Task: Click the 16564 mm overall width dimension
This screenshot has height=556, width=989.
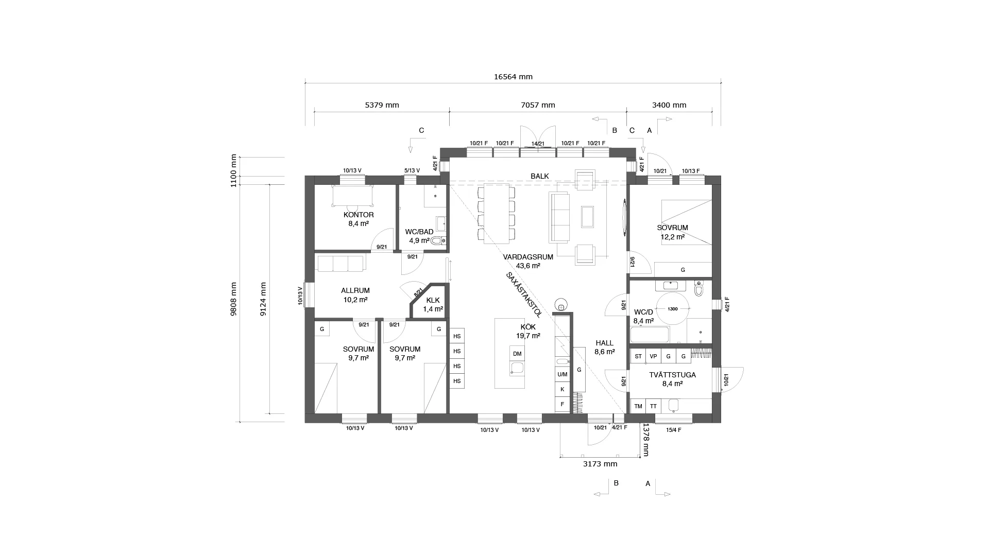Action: tap(513, 77)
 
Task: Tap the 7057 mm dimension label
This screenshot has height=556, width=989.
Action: tap(538, 105)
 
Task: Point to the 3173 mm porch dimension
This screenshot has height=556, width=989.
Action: tap(600, 464)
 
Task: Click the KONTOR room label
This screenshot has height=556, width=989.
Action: tap(359, 215)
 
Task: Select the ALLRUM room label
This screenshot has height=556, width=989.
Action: tap(355, 290)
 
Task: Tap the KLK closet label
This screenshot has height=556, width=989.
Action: tap(433, 300)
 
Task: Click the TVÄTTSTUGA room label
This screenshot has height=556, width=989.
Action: tap(673, 375)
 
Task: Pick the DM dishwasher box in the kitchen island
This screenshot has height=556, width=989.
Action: tap(517, 354)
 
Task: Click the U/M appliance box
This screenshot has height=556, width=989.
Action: tap(562, 374)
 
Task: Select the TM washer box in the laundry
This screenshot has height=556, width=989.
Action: tap(638, 406)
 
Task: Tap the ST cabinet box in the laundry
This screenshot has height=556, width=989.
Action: tap(638, 356)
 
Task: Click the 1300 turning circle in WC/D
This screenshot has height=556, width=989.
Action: tap(672, 309)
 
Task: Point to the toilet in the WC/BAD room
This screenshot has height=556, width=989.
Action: tap(438, 240)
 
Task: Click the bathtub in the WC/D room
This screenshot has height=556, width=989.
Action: tap(650, 335)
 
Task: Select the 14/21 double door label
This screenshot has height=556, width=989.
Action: tap(538, 144)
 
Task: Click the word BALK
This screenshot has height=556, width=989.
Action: tap(540, 176)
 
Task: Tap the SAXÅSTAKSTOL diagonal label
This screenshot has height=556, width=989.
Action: tap(523, 294)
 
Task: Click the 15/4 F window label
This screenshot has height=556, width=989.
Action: tap(673, 430)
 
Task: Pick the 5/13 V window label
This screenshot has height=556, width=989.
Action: tap(412, 170)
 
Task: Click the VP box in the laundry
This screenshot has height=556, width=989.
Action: tap(653, 356)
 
